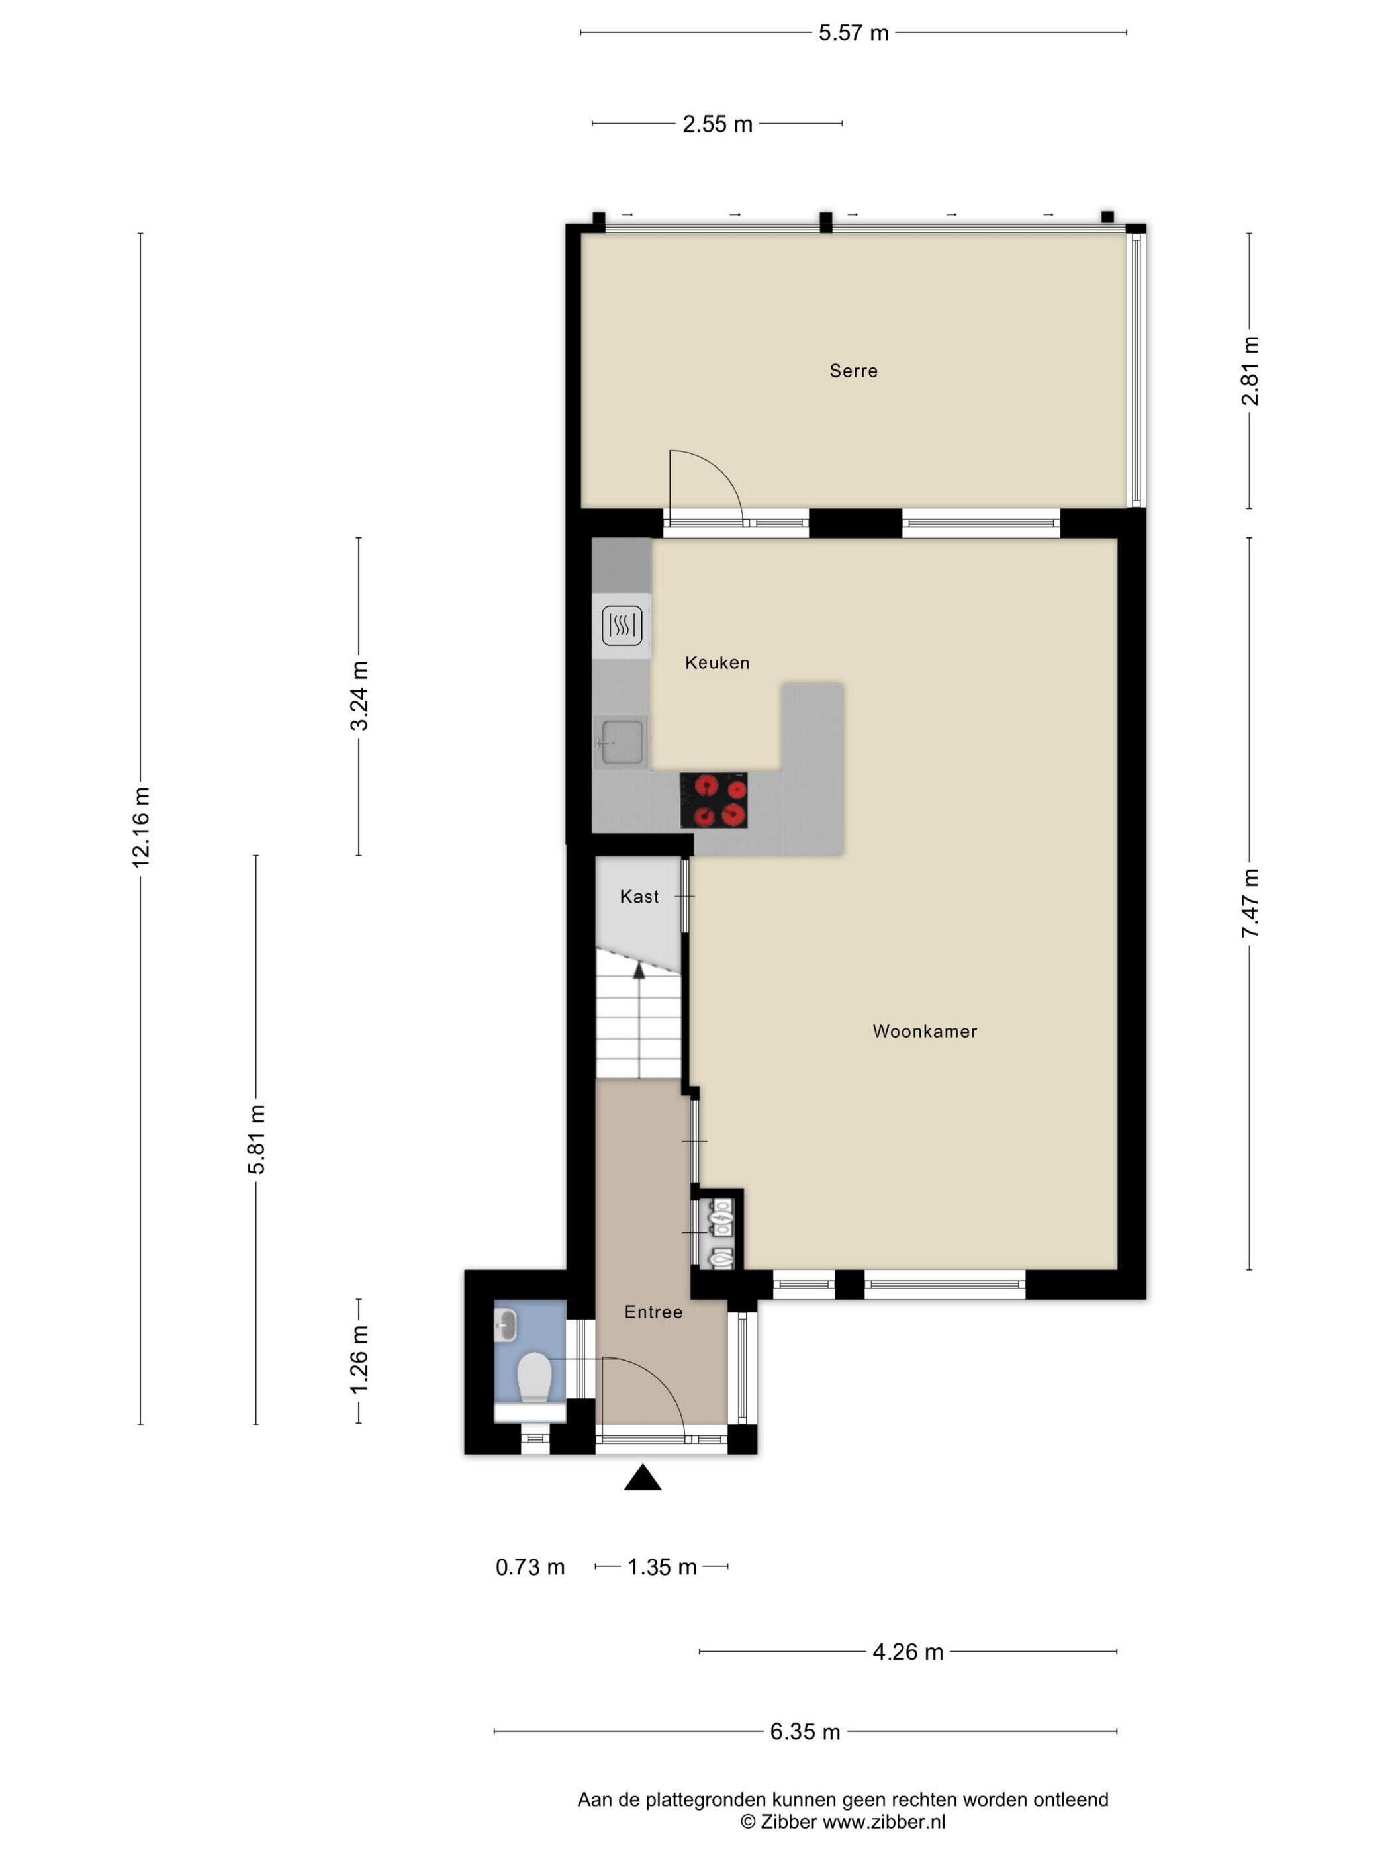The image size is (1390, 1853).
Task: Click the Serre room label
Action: click(853, 370)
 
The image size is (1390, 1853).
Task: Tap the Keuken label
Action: click(716, 662)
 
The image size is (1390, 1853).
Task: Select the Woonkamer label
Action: click(924, 1031)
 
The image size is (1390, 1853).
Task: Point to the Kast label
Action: click(639, 896)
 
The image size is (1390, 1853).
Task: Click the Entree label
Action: click(653, 1312)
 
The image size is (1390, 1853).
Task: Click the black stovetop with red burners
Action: click(713, 800)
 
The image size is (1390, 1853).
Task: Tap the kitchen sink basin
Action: click(620, 741)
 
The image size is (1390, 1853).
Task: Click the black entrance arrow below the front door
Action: click(643, 1477)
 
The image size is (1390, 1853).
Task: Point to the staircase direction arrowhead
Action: click(639, 970)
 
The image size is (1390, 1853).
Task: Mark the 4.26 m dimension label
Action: click(907, 1652)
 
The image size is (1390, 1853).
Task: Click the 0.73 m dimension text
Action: click(530, 1567)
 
